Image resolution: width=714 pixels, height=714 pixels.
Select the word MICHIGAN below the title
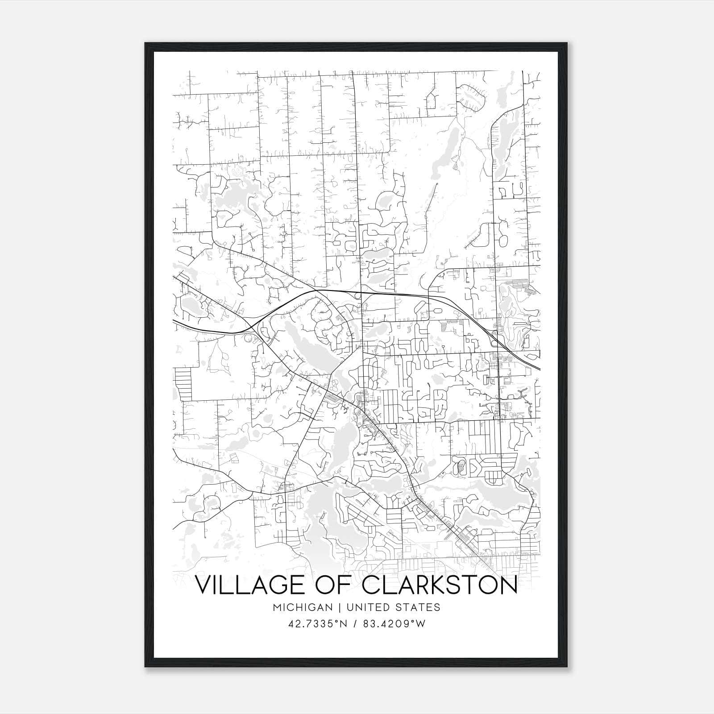pos(303,607)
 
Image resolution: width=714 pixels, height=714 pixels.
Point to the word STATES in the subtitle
pos(418,607)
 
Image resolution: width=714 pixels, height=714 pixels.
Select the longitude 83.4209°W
pos(394,624)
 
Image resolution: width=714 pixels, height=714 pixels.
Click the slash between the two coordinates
pos(354,624)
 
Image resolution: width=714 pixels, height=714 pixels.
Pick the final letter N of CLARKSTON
pos(508,585)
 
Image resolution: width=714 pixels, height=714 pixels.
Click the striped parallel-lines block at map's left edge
pos(183,383)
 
